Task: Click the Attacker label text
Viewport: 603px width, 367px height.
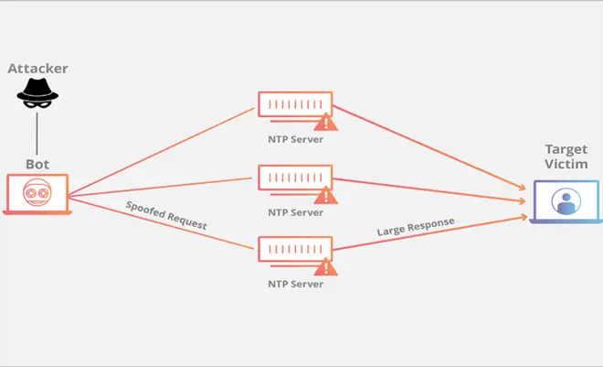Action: coord(37,69)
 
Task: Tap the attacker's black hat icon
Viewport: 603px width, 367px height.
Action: coord(37,93)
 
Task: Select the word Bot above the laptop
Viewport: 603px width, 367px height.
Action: coord(37,165)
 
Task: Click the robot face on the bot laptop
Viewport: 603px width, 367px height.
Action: coord(37,192)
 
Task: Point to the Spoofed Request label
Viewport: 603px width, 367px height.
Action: coord(166,215)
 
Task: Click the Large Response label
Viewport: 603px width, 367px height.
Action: coord(416,226)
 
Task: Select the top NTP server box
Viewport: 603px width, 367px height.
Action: coord(295,104)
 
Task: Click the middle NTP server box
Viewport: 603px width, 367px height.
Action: coord(295,178)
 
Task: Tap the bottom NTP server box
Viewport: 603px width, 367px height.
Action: coord(295,249)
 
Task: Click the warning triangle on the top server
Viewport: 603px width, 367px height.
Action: coord(326,123)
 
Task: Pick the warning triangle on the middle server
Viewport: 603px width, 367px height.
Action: coord(326,196)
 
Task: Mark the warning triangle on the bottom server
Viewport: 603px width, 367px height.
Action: coord(326,267)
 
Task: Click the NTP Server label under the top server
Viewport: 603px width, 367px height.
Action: coord(295,139)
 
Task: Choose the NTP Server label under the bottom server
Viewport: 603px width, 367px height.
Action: coord(295,285)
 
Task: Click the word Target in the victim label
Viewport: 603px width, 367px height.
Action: coord(566,150)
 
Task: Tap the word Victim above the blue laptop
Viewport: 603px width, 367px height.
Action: coord(566,164)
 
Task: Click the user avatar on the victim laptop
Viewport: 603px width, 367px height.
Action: coord(566,201)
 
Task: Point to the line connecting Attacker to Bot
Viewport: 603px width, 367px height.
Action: coord(37,134)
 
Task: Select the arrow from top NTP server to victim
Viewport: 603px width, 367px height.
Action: coord(429,148)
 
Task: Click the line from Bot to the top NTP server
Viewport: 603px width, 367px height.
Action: coord(162,152)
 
